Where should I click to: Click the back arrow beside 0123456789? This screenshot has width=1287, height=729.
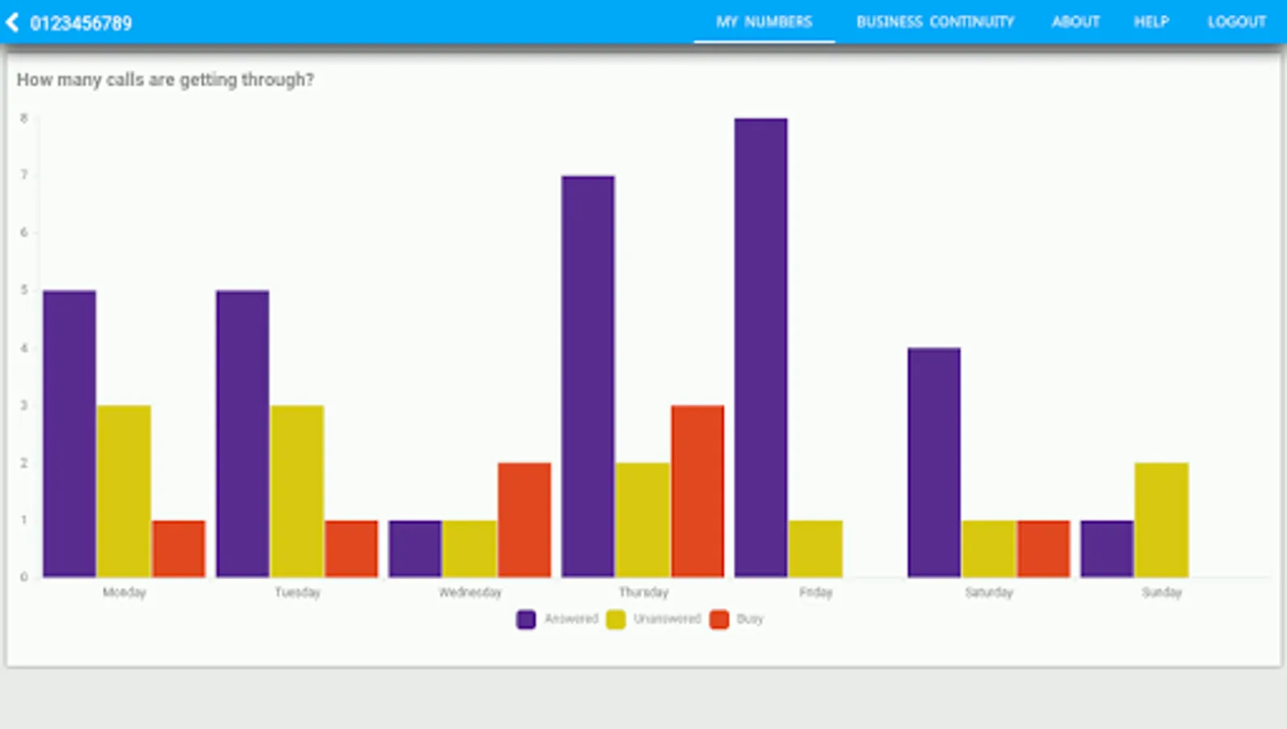coord(12,23)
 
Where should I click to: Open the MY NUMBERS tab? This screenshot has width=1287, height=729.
coord(764,22)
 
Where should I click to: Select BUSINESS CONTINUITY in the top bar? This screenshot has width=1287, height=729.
coord(935,22)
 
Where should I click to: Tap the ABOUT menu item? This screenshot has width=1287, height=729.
coord(1076,22)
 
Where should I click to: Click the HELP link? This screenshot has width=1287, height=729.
coord(1151,22)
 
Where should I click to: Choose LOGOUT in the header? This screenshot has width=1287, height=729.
coord(1236,22)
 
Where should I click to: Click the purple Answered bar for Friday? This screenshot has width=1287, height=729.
coord(761,348)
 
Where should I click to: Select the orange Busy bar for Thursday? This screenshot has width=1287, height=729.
coord(697,491)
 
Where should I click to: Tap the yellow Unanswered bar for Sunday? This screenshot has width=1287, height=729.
coord(1161,520)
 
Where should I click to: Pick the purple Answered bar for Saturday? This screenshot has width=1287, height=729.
coord(934,463)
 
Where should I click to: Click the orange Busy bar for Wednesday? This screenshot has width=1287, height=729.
coord(524,520)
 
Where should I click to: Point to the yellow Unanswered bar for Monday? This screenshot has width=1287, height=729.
coord(124,491)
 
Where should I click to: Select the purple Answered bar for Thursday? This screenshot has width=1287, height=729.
coord(588,377)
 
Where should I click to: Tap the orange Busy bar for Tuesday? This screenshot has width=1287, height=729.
coord(352,548)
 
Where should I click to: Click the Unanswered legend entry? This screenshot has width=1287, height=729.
coord(654,620)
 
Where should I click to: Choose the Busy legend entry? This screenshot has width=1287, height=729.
coord(737,620)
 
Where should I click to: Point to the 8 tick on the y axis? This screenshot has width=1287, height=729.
coord(24,118)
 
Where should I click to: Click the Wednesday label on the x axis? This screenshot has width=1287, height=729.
coord(470,592)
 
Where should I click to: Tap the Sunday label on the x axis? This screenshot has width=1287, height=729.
coord(1161,592)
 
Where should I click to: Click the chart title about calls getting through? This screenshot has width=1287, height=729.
coord(165,79)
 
